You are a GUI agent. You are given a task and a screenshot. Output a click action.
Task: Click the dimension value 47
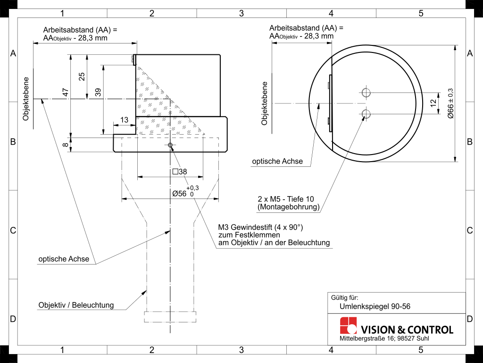(x=66, y=92)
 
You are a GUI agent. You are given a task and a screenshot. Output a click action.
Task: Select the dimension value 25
(x=82, y=77)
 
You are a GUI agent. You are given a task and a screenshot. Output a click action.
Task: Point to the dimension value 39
(x=98, y=92)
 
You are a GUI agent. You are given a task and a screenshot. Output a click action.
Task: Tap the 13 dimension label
(x=125, y=120)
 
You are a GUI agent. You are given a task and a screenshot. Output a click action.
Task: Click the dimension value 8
(x=66, y=144)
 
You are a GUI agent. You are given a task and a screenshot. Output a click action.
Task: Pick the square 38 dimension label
(x=180, y=172)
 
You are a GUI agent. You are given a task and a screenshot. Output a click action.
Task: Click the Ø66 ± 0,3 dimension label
(x=450, y=103)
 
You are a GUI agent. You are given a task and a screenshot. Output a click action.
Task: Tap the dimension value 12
(x=433, y=103)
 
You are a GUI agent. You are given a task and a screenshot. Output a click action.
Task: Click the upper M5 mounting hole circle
(x=366, y=92)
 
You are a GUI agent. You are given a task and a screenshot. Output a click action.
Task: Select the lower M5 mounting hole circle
(x=366, y=114)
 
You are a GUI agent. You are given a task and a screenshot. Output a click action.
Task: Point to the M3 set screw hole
(x=170, y=145)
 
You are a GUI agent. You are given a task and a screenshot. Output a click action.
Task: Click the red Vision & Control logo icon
(x=349, y=325)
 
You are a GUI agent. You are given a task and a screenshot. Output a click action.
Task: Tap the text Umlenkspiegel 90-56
(x=375, y=306)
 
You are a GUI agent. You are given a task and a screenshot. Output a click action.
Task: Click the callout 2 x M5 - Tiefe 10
(x=286, y=199)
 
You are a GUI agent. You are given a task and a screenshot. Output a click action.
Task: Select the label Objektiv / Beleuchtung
(x=76, y=305)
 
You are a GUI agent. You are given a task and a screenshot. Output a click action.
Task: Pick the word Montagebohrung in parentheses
(x=289, y=207)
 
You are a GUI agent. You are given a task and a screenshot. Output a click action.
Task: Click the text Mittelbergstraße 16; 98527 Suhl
(x=384, y=338)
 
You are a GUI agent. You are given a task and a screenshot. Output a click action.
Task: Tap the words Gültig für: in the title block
(x=345, y=298)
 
